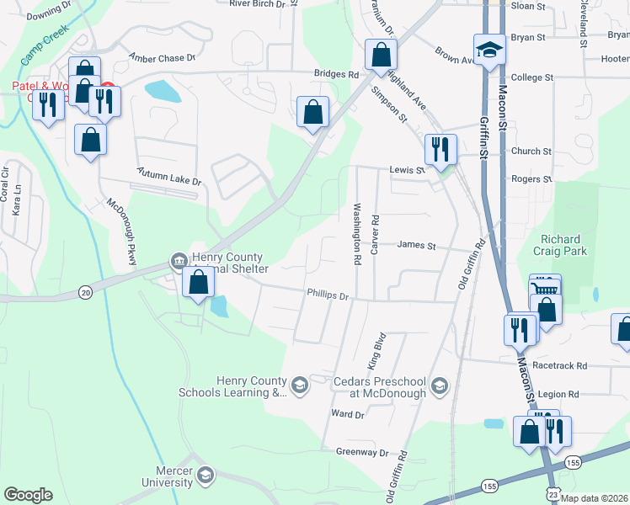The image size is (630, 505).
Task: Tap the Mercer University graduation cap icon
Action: [x=205, y=477]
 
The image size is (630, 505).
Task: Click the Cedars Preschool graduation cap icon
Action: [x=438, y=385]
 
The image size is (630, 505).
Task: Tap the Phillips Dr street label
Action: [x=328, y=296]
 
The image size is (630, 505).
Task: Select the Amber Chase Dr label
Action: [x=162, y=58]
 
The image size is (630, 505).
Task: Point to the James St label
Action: [x=416, y=246]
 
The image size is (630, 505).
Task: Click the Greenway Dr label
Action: [x=361, y=452]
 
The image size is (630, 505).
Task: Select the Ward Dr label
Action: [x=347, y=414]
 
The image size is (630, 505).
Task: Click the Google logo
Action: [x=28, y=495]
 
